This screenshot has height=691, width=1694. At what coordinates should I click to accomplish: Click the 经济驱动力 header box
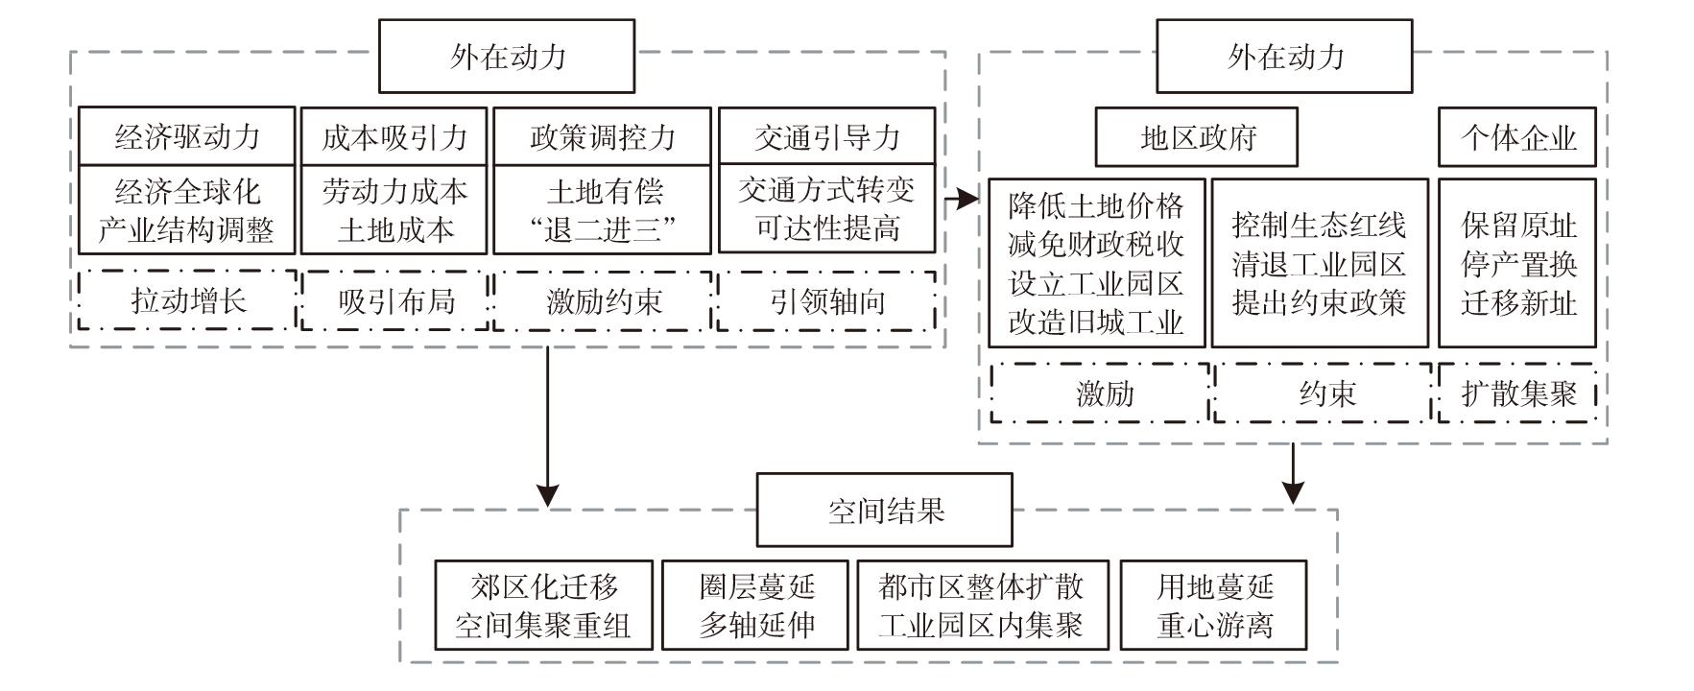[x=187, y=136]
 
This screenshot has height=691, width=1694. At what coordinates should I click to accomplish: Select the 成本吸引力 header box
[x=394, y=136]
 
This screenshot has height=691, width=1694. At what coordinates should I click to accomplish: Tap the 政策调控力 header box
[x=602, y=136]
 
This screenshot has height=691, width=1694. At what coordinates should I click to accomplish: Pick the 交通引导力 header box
[x=826, y=136]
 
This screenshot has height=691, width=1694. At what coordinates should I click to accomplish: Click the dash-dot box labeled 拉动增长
[x=187, y=301]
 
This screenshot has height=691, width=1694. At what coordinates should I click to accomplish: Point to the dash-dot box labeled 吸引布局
[x=394, y=301]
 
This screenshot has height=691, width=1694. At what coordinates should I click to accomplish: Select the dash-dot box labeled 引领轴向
[x=826, y=301]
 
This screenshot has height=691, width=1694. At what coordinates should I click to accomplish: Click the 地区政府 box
[x=1197, y=137]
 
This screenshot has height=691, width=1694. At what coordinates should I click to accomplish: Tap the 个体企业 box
[x=1517, y=137]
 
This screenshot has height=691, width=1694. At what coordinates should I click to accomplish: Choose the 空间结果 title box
[x=885, y=510]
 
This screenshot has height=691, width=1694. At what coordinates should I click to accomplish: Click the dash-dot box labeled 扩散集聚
[x=1517, y=393]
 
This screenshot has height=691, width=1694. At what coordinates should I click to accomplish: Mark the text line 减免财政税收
[x=1096, y=245]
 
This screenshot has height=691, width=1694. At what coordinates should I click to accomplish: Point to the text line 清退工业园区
[x=1319, y=264]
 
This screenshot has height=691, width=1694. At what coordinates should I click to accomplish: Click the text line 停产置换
[x=1518, y=264]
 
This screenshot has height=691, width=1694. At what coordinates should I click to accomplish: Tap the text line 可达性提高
[x=826, y=228]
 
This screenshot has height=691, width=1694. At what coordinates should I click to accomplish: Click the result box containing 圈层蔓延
[x=756, y=606]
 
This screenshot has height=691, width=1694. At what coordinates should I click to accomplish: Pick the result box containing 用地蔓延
[x=1214, y=606]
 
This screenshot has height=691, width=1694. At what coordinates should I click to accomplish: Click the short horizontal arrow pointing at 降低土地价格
[x=962, y=200]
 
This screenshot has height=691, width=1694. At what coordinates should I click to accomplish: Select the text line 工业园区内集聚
[x=981, y=626]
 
